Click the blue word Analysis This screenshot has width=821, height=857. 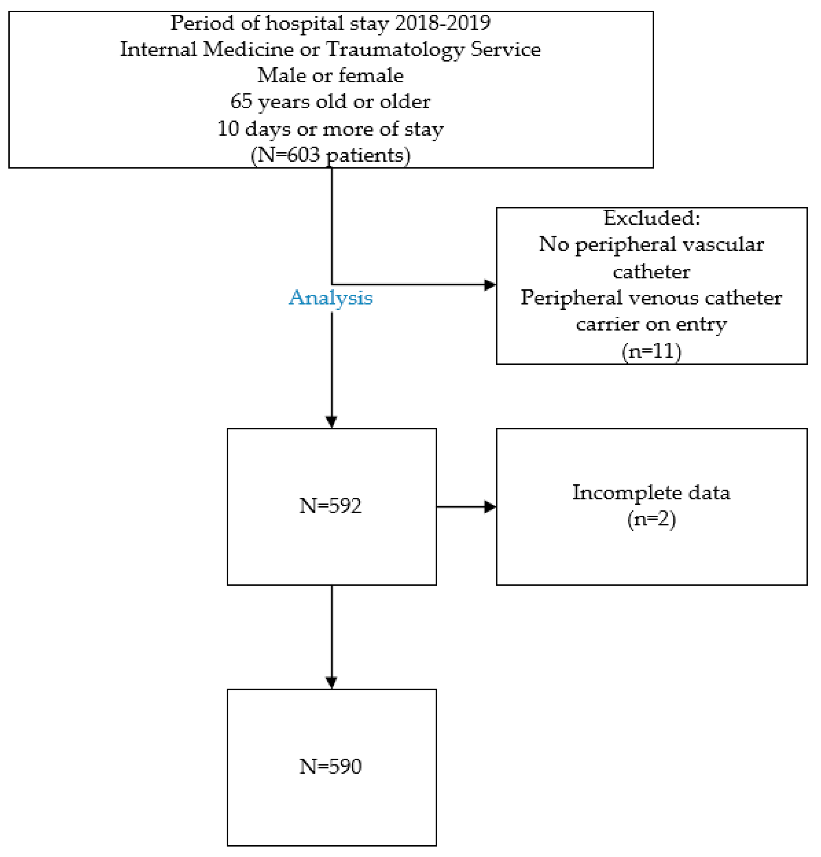(330, 298)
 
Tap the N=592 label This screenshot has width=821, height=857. (330, 506)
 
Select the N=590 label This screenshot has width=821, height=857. (330, 767)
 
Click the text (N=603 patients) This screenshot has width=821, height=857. (330, 155)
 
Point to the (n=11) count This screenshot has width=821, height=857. (651, 351)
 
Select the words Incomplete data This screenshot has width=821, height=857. (651, 493)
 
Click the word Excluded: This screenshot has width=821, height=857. (651, 218)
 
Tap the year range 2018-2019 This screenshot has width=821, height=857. (443, 23)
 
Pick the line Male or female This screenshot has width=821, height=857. (330, 75)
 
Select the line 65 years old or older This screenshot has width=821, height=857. (330, 102)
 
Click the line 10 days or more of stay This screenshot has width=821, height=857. (330, 129)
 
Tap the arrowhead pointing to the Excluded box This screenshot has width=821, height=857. (490, 285)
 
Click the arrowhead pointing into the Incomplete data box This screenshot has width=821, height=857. (490, 507)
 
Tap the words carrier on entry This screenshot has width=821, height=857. (651, 324)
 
